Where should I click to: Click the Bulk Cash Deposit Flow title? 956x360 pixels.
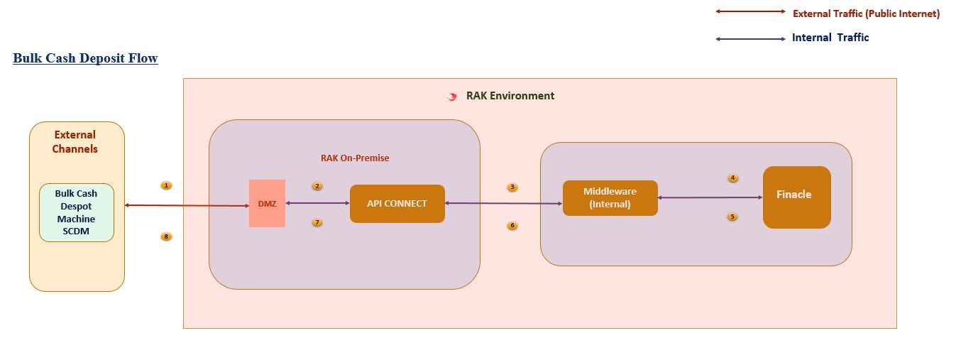pos(85,58)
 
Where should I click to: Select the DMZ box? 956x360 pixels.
pos(267,204)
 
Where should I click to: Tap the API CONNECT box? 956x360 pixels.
pos(397,204)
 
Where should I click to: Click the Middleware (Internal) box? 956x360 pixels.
pos(610,198)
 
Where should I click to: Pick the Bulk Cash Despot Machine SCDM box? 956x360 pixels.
pos(76,212)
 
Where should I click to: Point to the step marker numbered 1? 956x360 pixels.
pos(166,185)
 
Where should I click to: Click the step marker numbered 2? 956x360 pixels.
pos(317,186)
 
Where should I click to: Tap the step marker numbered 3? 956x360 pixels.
pos(512,187)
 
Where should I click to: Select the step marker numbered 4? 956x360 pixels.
pos(733,178)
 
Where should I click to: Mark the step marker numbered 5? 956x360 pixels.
pos(732,217)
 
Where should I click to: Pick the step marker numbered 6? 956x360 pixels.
pos(512,226)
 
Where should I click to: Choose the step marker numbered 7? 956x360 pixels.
pos(317,222)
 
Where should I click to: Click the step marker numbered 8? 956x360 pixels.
pos(166,236)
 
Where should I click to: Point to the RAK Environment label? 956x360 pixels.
pos(510,96)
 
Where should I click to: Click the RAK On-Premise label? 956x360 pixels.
pos(355,158)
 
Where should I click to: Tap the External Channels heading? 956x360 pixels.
pos(75,142)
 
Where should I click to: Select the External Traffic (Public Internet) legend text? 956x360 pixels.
pos(866,13)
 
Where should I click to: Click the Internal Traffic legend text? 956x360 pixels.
pos(830,38)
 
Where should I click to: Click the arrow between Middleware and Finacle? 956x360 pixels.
pos(710,197)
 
